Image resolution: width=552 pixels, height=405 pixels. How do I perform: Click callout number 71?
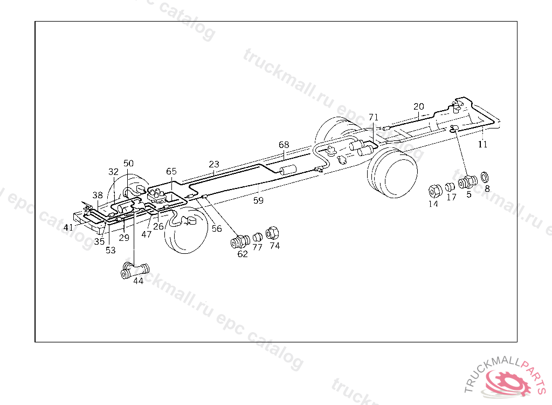click(374, 117)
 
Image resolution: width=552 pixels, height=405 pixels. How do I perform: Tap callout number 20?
click(419, 106)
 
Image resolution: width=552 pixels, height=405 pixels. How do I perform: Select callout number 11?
click(482, 144)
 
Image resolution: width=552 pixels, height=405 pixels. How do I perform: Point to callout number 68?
click(284, 145)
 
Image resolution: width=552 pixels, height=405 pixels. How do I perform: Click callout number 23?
click(214, 164)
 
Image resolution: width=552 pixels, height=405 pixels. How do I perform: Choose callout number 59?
click(259, 200)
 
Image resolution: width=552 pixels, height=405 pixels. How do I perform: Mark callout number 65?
click(171, 171)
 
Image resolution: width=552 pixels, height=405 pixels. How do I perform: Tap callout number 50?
click(128, 163)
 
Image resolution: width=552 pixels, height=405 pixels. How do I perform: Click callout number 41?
click(68, 227)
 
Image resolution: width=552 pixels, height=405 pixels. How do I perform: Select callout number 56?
click(217, 228)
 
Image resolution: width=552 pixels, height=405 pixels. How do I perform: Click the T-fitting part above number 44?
click(135, 269)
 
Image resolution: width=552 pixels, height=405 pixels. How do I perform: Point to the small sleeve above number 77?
click(258, 237)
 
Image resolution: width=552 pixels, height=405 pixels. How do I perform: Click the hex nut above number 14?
click(434, 191)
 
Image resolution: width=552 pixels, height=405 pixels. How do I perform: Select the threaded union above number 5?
click(467, 182)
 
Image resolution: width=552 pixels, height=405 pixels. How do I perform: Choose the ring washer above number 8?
click(485, 177)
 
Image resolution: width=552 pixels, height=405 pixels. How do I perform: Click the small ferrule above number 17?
click(450, 187)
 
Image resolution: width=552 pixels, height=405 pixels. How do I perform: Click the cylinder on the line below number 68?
click(289, 171)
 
